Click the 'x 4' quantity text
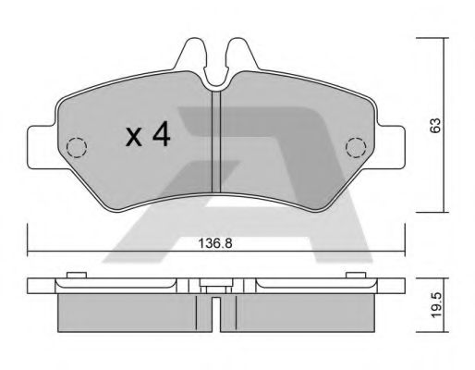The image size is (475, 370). (x=148, y=136)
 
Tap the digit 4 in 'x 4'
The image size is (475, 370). (x=162, y=136)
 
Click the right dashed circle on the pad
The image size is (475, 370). (x=354, y=146)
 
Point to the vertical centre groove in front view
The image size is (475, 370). (x=214, y=139)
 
